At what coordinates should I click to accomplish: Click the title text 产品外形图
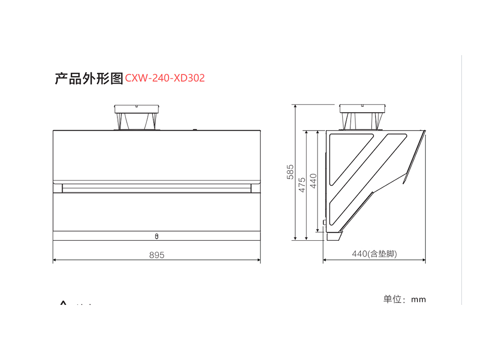pos(88,78)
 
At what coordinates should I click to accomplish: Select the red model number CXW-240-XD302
pos(165,78)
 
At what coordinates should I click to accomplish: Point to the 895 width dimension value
pos(156,255)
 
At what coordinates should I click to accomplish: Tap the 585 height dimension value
pos(290,172)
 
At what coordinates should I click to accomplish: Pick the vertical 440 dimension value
pos(313,180)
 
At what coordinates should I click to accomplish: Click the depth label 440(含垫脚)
pos(374,254)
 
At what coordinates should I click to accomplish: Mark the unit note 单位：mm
pos(405,299)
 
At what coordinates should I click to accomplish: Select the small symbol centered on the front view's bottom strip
pos(157,236)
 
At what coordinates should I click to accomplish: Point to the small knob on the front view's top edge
pos(194,129)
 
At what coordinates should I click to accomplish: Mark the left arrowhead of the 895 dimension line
pos(55,260)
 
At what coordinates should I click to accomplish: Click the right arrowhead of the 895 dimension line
pos(259,260)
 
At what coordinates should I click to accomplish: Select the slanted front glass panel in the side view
pos(413,157)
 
